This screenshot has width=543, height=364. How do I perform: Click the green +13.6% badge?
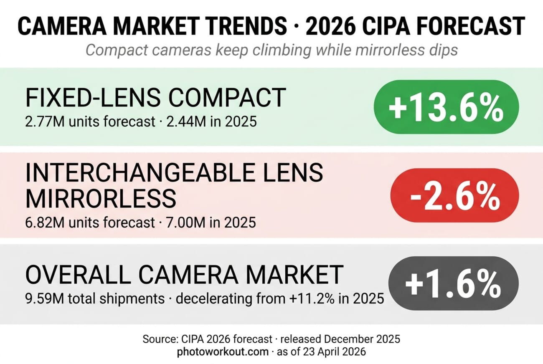click(x=446, y=107)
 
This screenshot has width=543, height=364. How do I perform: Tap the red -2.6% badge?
click(x=454, y=195)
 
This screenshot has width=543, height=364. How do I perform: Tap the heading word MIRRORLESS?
click(x=101, y=199)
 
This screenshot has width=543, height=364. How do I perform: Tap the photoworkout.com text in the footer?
click(x=222, y=351)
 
